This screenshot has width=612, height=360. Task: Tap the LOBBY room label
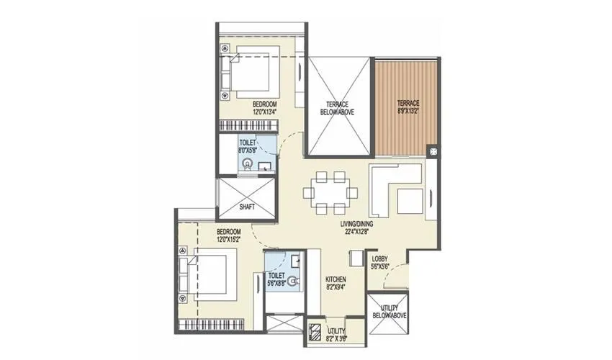[x=379, y=258]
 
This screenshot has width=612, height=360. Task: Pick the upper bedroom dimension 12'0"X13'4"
[x=264, y=112]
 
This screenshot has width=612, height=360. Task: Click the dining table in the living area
[x=330, y=193]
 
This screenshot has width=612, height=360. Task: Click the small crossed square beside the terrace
[x=432, y=151]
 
